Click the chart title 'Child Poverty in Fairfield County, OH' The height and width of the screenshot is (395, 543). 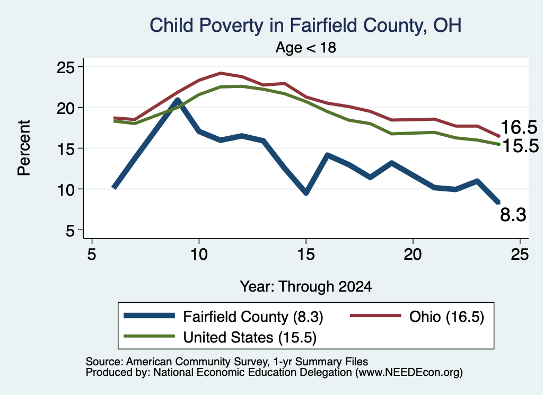pyautogui.click(x=305, y=25)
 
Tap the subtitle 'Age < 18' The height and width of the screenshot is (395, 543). pyautogui.click(x=306, y=47)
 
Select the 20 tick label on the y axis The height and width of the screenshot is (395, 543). pyautogui.click(x=65, y=108)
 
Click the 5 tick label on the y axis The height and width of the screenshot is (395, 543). pyautogui.click(x=70, y=230)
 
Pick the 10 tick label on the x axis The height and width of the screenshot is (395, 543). pyautogui.click(x=199, y=255)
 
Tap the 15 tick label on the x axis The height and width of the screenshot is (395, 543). pyautogui.click(x=306, y=255)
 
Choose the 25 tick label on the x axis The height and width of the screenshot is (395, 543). pyautogui.click(x=520, y=255)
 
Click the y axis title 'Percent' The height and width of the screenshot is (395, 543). pyautogui.click(x=24, y=148)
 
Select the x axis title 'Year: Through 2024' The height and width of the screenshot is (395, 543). pyautogui.click(x=306, y=287)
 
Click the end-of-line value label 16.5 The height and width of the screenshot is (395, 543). pyautogui.click(x=519, y=127)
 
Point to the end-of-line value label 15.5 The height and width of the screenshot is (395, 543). pyautogui.click(x=520, y=146)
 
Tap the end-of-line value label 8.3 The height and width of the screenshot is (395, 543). pyautogui.click(x=513, y=215)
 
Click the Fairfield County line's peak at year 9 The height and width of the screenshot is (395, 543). pyautogui.click(x=177, y=100)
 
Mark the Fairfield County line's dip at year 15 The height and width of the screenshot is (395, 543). pyautogui.click(x=306, y=193)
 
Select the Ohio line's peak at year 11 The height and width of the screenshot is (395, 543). pyautogui.click(x=220, y=73)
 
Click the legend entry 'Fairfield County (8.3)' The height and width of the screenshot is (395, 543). pyautogui.click(x=223, y=317)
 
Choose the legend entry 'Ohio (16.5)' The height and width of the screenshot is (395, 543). pyautogui.click(x=417, y=317)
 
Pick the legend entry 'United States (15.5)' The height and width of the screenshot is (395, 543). pyautogui.click(x=220, y=337)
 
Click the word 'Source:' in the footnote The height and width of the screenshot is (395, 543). pyautogui.click(x=104, y=362)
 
